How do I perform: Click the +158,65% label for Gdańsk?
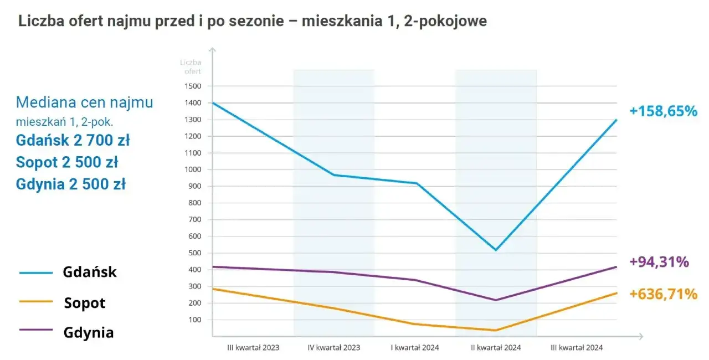pos(662,111)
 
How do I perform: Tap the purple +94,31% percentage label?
pos(659,262)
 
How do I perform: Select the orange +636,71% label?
pos(662,294)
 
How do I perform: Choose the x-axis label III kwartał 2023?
pos(253,348)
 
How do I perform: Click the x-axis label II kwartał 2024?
pos(495,348)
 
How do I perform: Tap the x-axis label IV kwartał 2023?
pos(333,348)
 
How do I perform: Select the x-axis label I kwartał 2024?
pos(415,348)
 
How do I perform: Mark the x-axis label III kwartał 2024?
pos(577,348)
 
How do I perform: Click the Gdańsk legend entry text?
pos(90,272)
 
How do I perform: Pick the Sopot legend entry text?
pos(84,303)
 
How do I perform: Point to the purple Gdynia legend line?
pos(36,331)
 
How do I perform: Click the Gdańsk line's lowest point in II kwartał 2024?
pos(496,250)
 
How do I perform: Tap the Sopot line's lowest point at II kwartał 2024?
pos(495,330)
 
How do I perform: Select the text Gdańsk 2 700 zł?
pos(73,141)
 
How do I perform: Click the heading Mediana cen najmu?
pos(84,102)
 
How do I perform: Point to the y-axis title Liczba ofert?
pos(191,66)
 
